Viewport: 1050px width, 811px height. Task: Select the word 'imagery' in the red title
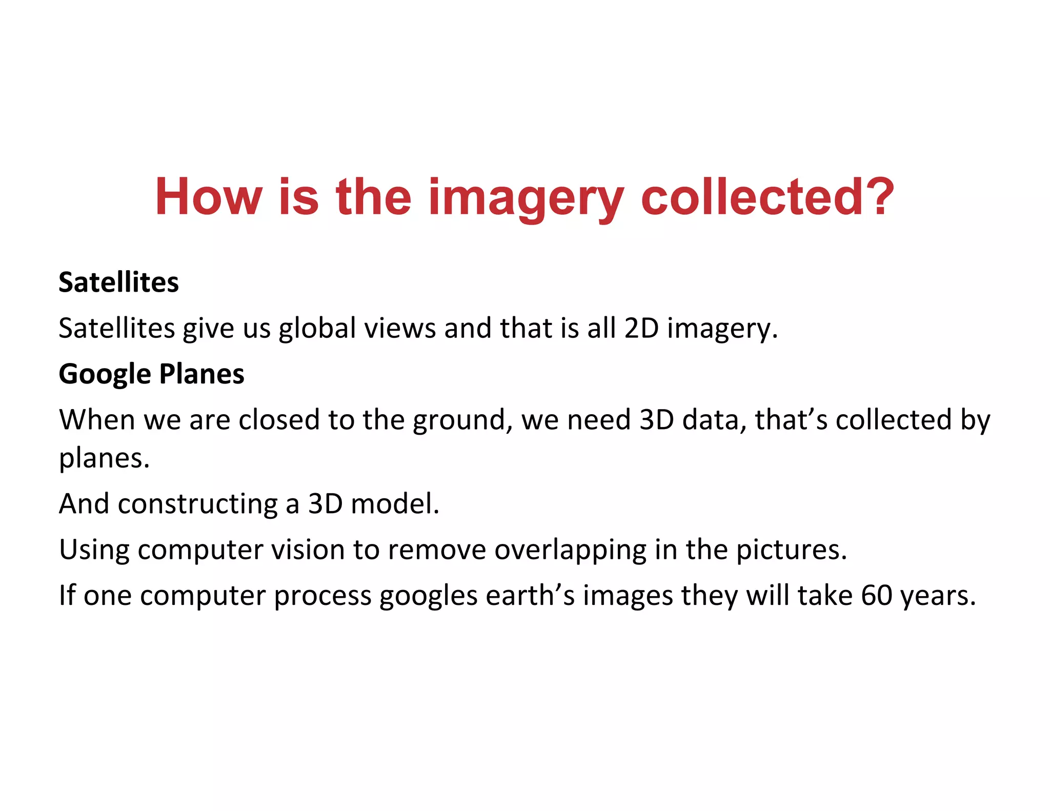[526, 200]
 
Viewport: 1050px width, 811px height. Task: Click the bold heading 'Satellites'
[118, 282]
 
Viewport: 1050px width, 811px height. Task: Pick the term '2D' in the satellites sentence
[641, 328]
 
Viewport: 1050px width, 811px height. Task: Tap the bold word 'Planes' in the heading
[201, 374]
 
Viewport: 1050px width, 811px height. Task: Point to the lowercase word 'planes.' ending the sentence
[104, 459]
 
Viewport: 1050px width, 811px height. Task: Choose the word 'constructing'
[197, 504]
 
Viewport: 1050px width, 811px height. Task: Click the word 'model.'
[395, 504]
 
